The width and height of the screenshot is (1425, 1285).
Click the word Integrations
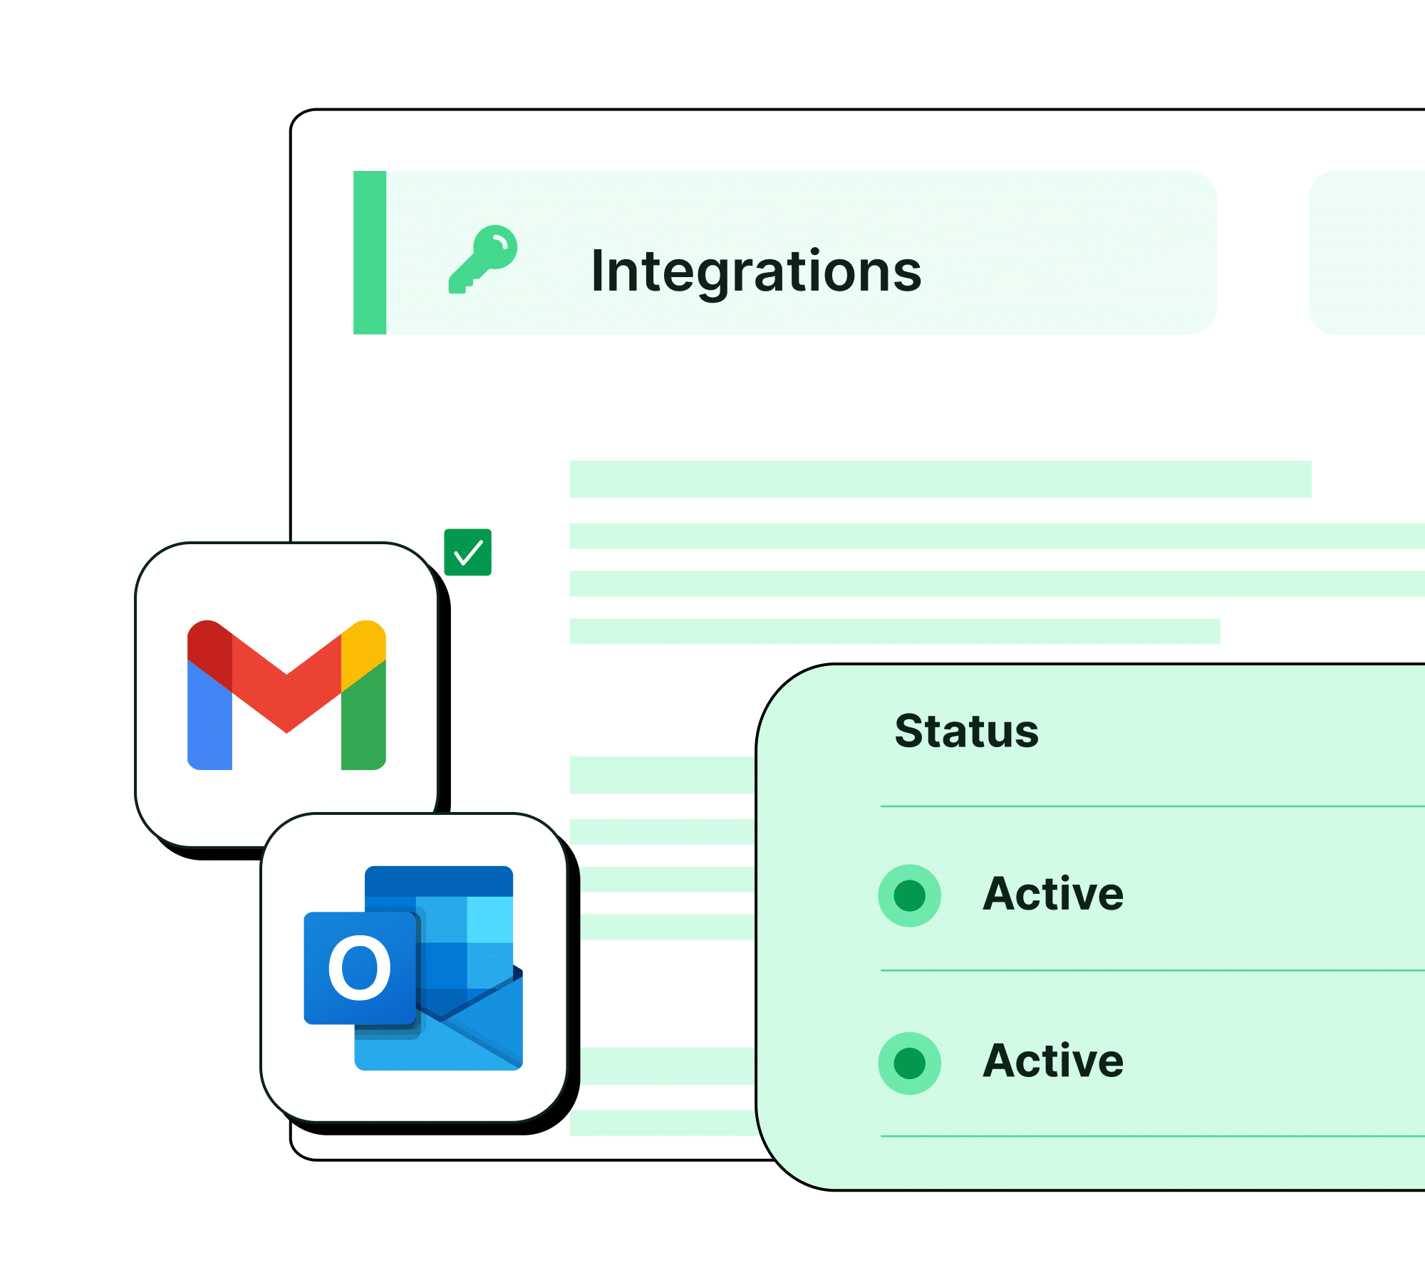coord(756,271)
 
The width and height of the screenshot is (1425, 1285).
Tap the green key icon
coord(483,259)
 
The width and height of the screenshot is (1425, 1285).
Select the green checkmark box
coord(468,552)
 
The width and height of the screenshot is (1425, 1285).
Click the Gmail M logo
coord(286,694)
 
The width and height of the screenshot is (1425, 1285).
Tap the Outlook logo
coord(413,968)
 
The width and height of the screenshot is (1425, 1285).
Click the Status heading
coord(967,731)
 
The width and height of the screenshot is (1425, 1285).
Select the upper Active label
coord(1053,894)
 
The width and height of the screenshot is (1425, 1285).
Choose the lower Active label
coord(1053,1061)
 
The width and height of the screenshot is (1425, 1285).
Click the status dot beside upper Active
coord(910,895)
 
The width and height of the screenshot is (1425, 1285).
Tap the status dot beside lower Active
coord(910,1063)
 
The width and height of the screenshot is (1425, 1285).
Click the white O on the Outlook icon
coord(360,968)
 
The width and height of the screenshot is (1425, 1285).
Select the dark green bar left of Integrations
coord(370,252)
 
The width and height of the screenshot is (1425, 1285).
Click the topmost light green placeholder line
coord(940,479)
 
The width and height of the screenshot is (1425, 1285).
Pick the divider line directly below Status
coord(1153,806)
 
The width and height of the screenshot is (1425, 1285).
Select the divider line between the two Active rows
coord(1153,970)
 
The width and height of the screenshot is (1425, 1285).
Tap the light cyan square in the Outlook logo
coord(490,920)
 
